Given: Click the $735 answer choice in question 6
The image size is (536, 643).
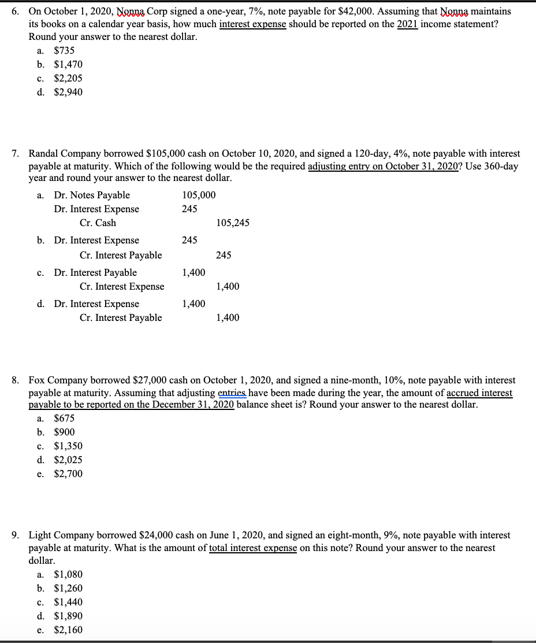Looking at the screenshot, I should click(64, 51).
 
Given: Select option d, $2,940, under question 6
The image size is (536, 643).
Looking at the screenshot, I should click(68, 93).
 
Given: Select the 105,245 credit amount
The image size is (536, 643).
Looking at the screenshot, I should click(233, 223).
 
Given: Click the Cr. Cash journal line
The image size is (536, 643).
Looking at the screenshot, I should click(98, 223).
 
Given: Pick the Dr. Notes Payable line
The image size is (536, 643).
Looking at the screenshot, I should click(92, 195).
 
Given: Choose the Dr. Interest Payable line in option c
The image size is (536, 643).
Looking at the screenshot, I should click(95, 272).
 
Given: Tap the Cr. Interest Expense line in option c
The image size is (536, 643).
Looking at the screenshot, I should click(121, 287).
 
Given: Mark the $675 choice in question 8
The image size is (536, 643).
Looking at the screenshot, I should click(64, 419).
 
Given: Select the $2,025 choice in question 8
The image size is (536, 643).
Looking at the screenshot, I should click(68, 460).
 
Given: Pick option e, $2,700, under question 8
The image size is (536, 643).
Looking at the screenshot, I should click(68, 474).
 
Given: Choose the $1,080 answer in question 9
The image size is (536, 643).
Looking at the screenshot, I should click(68, 575).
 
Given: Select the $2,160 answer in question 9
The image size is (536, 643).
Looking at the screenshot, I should click(68, 630).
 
